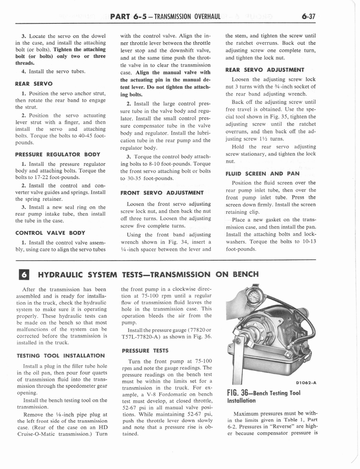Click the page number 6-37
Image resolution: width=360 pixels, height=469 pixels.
pyautogui.click(x=308, y=17)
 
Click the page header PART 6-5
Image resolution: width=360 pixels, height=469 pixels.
pyautogui.click(x=128, y=17)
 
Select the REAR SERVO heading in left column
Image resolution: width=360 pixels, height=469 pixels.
pyautogui.click(x=34, y=84)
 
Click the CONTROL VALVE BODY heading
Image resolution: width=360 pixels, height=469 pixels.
pyautogui.click(x=50, y=233)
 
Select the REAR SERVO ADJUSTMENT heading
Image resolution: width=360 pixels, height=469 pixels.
pyautogui.click(x=265, y=70)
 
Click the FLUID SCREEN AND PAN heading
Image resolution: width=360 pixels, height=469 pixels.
pyautogui.click(x=262, y=174)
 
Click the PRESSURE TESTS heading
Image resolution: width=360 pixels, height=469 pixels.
pyautogui.click(x=145, y=351)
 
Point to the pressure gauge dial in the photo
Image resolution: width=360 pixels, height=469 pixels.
pyautogui.click(x=254, y=296)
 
